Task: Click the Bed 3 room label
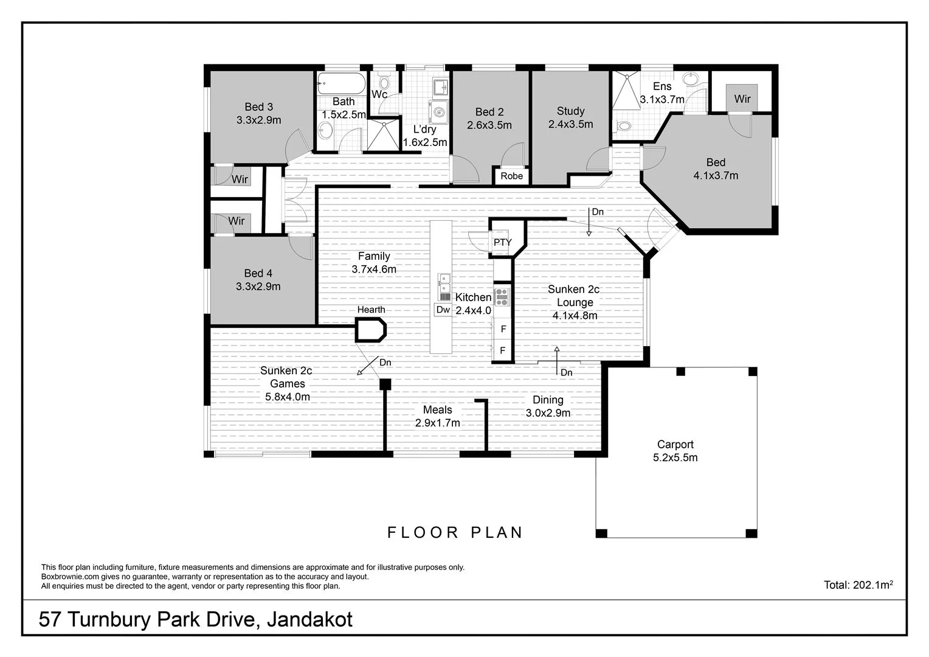coord(258,107)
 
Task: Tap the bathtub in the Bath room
coord(340,82)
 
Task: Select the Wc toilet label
coord(379,94)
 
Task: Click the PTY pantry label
coord(502,242)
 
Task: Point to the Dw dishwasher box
coord(443,310)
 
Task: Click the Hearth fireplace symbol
coord(371,330)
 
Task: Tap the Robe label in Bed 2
coord(511,176)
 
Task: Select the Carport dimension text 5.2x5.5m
coord(675,457)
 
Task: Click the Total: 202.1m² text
coord(858,585)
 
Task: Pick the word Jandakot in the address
coord(310,619)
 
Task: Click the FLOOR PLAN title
coord(455,533)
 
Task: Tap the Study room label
coord(570,111)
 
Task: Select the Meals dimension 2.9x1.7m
coord(437,423)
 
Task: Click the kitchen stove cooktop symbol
coord(502,297)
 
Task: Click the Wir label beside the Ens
coord(742,99)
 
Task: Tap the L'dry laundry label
coord(424,129)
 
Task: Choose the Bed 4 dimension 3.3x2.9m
coord(258,287)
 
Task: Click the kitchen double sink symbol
coord(445,283)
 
